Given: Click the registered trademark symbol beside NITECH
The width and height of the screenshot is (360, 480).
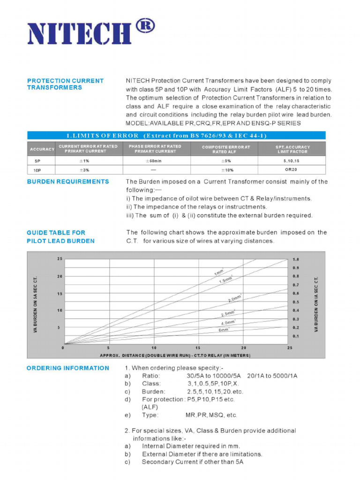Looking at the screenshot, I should tap(145, 26).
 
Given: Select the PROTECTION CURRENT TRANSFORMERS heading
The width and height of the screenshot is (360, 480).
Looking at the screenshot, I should tap(65, 84).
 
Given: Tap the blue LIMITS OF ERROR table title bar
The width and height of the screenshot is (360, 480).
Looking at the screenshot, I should tap(176, 135).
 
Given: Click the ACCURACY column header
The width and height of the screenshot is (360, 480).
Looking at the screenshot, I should tap(42, 149).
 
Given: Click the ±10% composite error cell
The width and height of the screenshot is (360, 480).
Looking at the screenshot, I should tap(227, 170).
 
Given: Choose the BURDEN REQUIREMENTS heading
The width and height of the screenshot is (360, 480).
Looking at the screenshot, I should tap(68, 181).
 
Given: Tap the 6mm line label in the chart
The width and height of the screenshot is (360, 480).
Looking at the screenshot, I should tap(224, 330).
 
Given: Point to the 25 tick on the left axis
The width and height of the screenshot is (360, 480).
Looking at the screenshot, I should tap(60, 259).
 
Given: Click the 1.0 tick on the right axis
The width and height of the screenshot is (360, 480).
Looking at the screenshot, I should tap(296, 259).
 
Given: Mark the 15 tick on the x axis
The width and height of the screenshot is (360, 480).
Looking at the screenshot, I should tap(198, 348).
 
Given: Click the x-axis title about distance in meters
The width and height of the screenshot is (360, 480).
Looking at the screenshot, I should tap(175, 355).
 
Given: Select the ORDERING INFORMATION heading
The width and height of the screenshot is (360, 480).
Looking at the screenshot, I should tap(67, 368).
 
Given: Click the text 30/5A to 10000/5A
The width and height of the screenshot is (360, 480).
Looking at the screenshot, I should tap(213, 376).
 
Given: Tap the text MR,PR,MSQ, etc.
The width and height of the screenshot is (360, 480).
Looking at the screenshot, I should tap(211, 415).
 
